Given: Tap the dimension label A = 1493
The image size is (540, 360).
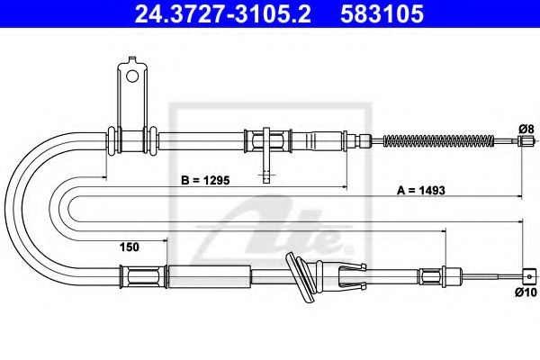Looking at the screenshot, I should [x=423, y=190].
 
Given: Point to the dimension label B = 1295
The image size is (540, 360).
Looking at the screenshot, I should [x=212, y=180].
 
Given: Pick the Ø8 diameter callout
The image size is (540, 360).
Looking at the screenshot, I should [x=527, y=127].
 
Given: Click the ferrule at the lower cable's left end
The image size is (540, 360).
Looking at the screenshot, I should [x=129, y=276].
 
